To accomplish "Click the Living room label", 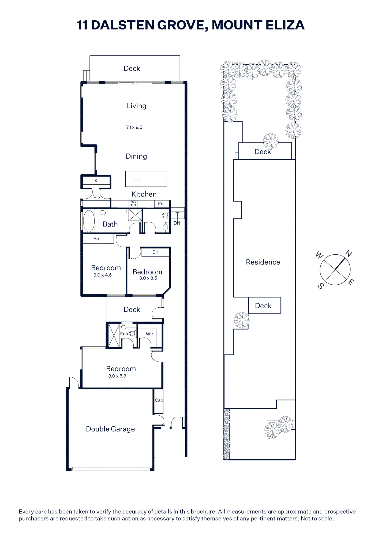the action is tap(136, 106).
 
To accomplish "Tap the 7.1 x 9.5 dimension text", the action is tap(134, 127).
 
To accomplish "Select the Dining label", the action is tap(136, 156).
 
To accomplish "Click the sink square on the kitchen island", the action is tap(137, 183).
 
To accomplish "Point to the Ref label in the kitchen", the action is tap(161, 204).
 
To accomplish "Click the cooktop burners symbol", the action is tap(133, 204).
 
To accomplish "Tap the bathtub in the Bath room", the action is tap(89, 221).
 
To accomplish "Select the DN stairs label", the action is tap(177, 223).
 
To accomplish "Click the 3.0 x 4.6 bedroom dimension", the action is tap(103, 275).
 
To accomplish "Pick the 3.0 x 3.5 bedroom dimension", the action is tap(148, 278).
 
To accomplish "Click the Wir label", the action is tap(149, 334).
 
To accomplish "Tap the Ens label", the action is tap(124, 334).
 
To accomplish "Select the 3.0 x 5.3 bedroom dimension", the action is tap(117, 376).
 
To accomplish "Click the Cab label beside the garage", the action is tap(159, 400).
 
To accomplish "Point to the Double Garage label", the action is tap(110, 429).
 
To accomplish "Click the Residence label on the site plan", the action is tap(263, 262).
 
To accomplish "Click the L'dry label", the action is tap(96, 196).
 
